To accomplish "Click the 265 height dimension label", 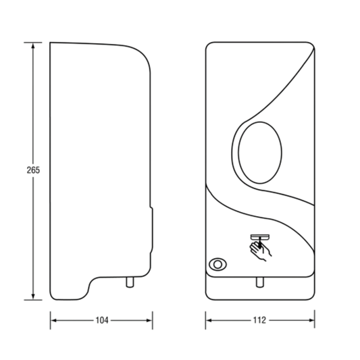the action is point(33,170).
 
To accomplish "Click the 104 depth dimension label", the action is point(102,320).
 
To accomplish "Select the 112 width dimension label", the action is point(259,320).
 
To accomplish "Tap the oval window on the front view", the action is point(260,153).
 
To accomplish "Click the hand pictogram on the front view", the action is point(261,251).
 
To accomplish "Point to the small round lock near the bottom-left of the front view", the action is point(217,264).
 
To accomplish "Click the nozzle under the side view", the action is point(130,282).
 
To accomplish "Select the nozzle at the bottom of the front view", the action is point(260,282).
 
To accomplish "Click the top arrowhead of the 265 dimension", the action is point(33,46).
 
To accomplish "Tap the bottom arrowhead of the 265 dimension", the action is point(33,297).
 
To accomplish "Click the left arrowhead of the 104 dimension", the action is point(53,320).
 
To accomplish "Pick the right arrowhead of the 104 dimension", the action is point(149,320).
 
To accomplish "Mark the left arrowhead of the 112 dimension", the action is point(209,320).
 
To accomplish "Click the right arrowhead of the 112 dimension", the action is point(311,320).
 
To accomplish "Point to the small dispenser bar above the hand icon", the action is point(259,237).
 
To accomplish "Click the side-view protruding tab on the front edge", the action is point(152,230).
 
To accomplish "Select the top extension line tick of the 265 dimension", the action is point(33,43).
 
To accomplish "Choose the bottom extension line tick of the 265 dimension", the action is point(33,300).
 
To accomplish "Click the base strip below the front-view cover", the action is point(260,288).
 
